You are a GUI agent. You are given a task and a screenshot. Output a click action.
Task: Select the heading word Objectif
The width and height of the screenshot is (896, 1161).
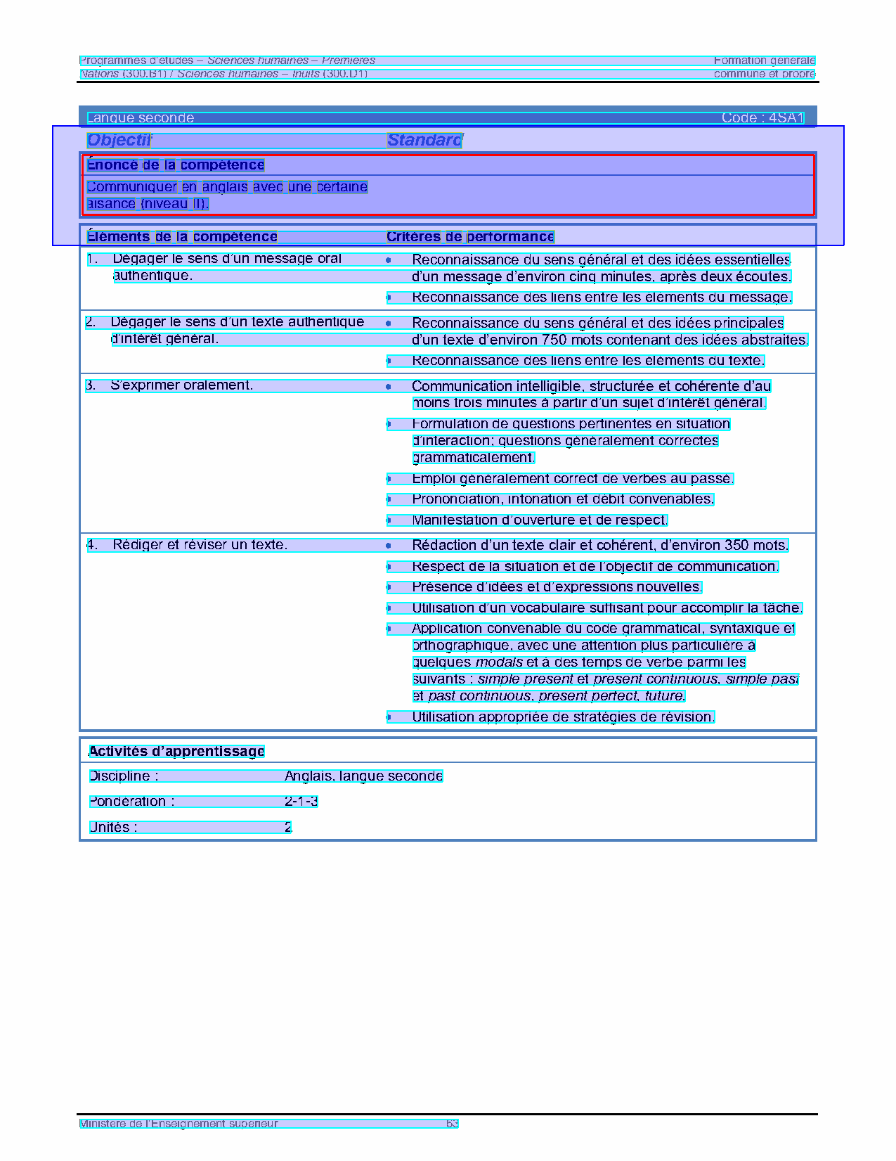point(119,140)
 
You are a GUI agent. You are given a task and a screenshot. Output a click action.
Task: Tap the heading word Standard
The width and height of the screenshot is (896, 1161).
point(424,140)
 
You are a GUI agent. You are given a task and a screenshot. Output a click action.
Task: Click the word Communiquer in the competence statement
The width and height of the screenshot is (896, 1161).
point(132,187)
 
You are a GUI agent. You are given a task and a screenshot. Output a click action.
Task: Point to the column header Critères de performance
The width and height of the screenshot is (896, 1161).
point(470,237)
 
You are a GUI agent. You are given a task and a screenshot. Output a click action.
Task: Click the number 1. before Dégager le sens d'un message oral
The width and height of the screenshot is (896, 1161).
point(92,259)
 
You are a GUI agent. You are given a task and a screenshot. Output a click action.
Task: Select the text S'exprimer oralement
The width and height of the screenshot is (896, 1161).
point(181,385)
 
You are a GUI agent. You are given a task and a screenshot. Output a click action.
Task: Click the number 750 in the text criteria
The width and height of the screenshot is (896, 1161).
point(554,340)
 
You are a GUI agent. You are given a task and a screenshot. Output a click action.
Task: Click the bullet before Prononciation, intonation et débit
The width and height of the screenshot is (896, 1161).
point(389,499)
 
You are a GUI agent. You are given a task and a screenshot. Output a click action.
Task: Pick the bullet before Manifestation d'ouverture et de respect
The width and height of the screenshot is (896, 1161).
point(389,520)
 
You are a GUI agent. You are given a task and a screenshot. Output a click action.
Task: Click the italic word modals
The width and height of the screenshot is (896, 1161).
point(499,662)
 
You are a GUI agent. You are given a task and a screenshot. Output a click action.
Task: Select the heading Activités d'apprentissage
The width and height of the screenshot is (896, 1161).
point(176,752)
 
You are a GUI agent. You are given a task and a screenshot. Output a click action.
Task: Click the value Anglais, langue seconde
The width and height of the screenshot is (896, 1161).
point(363,776)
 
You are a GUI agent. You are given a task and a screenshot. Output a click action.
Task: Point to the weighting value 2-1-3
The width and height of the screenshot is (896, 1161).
point(301,802)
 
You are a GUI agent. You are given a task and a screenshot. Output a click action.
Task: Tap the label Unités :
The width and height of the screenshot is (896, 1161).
point(113,828)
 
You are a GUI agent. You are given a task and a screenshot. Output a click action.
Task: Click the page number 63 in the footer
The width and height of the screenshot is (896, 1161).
point(452,1124)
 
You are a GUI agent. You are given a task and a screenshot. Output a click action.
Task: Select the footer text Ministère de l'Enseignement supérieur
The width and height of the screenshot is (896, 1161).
point(178,1124)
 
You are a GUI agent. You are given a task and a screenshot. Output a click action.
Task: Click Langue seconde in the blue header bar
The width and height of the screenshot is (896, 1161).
point(141,118)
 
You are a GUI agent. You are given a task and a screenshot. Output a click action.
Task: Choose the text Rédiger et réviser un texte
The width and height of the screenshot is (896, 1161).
point(200,545)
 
